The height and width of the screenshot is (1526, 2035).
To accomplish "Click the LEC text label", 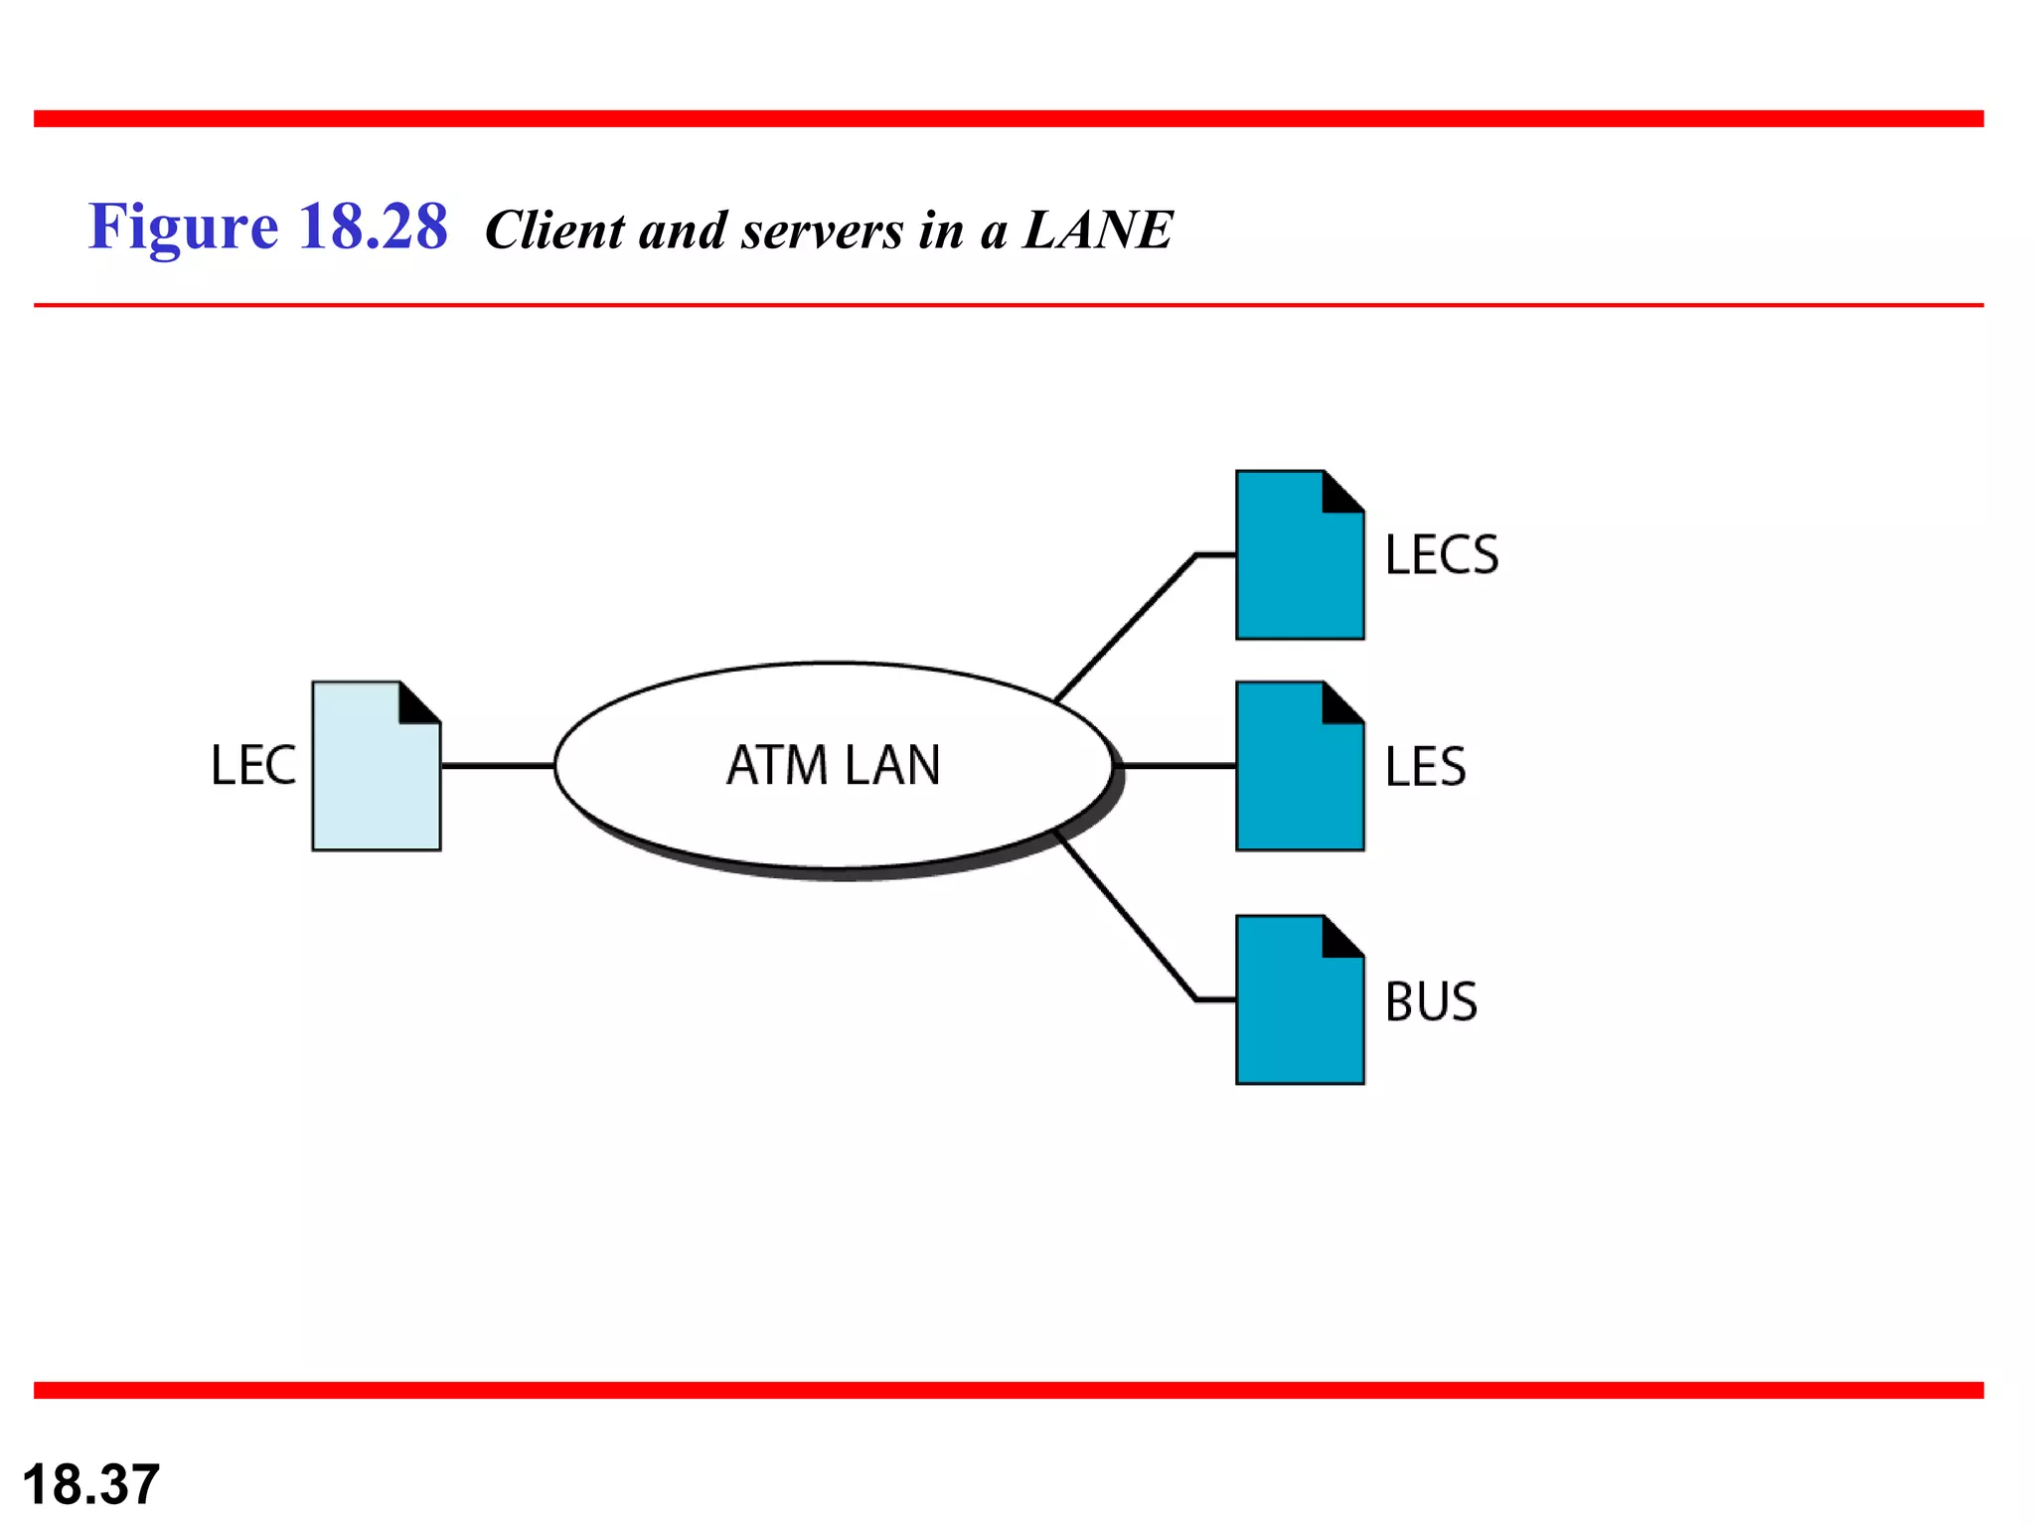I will pyautogui.click(x=253, y=766).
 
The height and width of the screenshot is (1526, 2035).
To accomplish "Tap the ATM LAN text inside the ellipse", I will pyautogui.click(x=833, y=766).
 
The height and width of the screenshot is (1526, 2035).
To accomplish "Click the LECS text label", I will pyautogui.click(x=1441, y=555).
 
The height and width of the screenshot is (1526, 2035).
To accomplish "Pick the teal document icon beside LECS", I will pyautogui.click(x=1292, y=566).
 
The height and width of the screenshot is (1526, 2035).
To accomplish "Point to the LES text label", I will pyautogui.click(x=1425, y=767).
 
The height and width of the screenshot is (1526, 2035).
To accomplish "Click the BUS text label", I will pyautogui.click(x=1431, y=1001).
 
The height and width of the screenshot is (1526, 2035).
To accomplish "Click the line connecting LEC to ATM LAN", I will pyautogui.click(x=497, y=766).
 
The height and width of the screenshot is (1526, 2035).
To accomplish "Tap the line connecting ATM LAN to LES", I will pyautogui.click(x=1177, y=766).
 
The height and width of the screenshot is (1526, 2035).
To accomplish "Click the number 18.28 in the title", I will pyautogui.click(x=373, y=227).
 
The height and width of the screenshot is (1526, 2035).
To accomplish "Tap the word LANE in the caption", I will pyautogui.click(x=1098, y=230).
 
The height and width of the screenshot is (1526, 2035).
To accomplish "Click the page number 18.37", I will pyautogui.click(x=90, y=1484).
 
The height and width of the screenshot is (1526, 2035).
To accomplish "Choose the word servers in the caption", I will pyautogui.click(x=822, y=231).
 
